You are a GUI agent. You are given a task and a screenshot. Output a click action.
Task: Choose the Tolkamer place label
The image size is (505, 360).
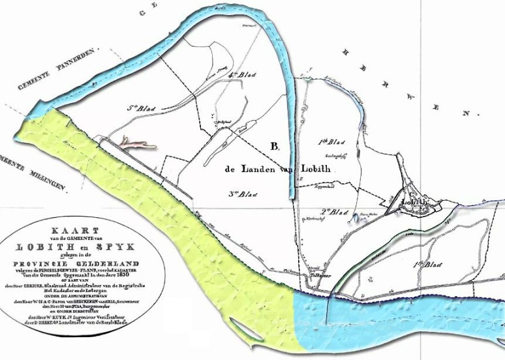pos(318,274)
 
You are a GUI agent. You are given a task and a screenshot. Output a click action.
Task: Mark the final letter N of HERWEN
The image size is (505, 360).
pos(466,113)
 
